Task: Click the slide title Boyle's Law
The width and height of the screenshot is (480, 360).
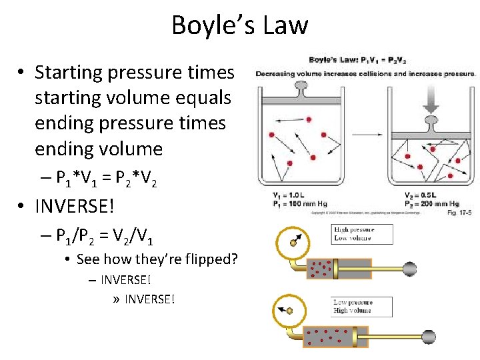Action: (240, 25)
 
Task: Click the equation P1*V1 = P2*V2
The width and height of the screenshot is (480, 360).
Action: (107, 179)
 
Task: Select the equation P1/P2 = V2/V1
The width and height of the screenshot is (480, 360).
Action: (107, 234)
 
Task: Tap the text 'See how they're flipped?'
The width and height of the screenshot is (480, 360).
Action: (157, 259)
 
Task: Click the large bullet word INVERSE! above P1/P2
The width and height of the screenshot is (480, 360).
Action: (75, 206)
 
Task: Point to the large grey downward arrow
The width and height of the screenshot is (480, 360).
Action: (431, 101)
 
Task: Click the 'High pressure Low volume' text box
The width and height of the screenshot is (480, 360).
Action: (362, 234)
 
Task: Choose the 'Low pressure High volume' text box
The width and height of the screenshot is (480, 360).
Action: (362, 307)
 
